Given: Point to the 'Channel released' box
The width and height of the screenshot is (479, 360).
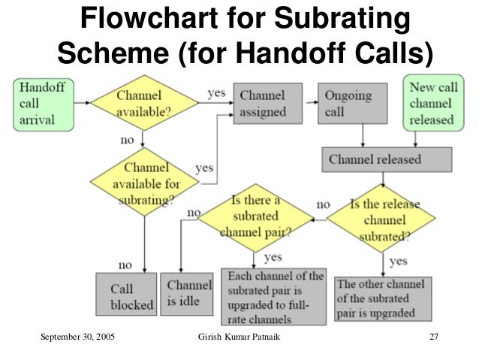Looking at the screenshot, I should click(x=386, y=159).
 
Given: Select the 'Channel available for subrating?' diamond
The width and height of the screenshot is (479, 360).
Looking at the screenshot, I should click(x=143, y=182).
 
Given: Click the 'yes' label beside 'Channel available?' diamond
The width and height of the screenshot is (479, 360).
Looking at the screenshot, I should click(x=216, y=93).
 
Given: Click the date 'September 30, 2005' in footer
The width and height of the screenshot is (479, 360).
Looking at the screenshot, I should click(x=73, y=336).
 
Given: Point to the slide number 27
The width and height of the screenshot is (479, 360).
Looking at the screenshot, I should click(x=432, y=336).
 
